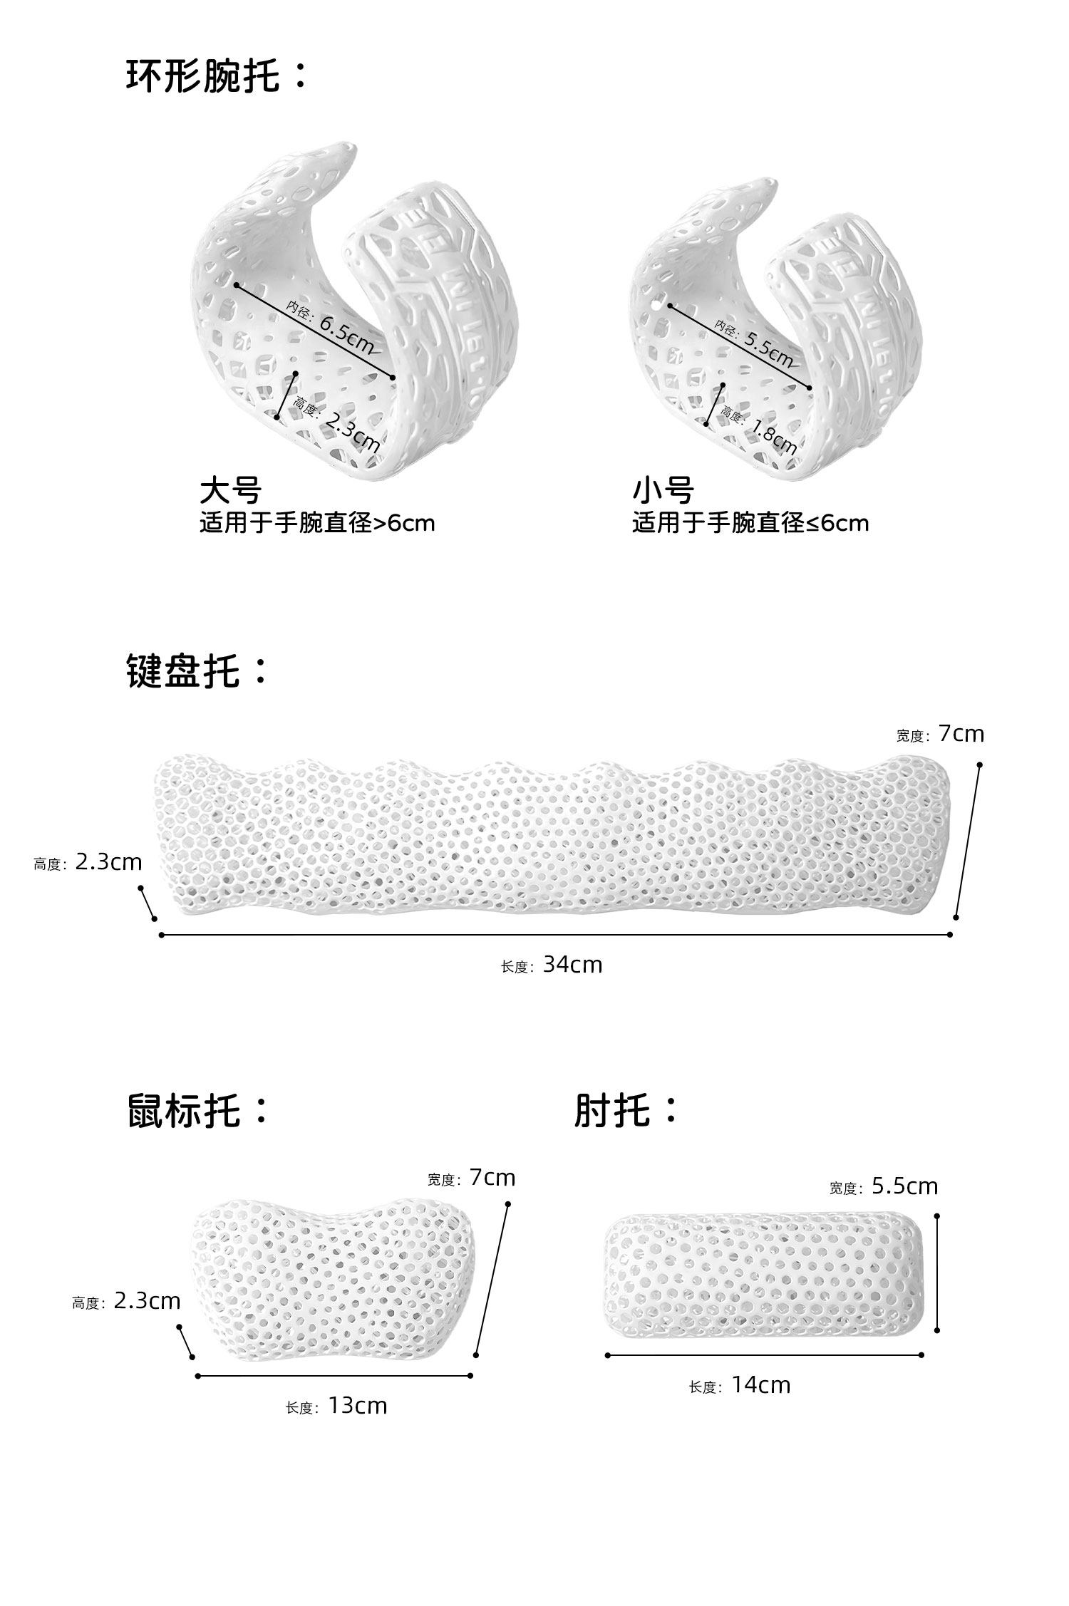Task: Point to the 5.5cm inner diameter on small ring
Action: (768, 348)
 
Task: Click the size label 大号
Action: (230, 490)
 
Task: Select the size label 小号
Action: (663, 490)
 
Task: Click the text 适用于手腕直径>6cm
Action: (317, 524)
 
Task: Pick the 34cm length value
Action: (572, 965)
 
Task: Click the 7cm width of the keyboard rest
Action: (961, 733)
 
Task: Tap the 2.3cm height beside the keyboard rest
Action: (108, 862)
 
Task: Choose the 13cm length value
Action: (357, 1406)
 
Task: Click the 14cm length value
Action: (760, 1385)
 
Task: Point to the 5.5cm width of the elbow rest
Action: (904, 1186)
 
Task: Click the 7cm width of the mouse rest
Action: (492, 1178)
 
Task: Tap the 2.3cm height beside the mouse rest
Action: (147, 1301)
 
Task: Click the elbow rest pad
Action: (765, 1274)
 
